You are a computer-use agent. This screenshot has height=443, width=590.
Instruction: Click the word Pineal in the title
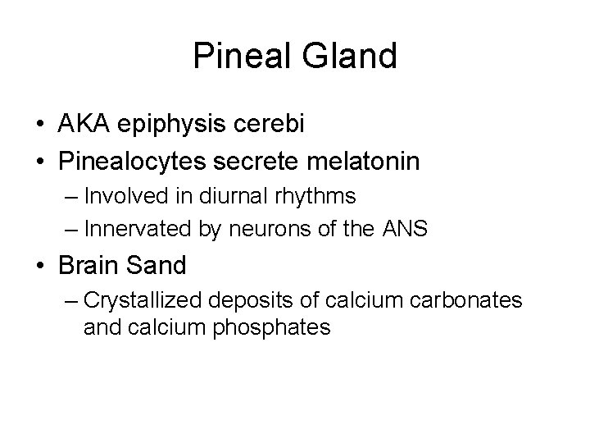coord(238,56)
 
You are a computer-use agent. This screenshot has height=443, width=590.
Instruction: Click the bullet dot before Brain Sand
coord(40,266)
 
